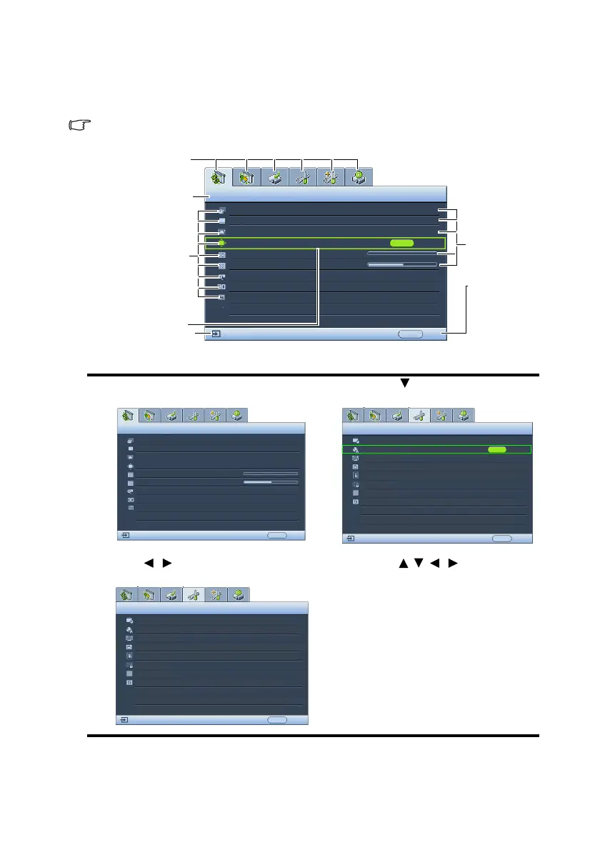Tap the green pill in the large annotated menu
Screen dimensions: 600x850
click(x=402, y=243)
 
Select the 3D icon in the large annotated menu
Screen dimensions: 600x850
click(x=222, y=286)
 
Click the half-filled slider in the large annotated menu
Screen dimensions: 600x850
click(x=402, y=264)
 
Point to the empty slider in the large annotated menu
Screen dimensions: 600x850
click(x=402, y=254)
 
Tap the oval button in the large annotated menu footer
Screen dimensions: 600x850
click(x=410, y=334)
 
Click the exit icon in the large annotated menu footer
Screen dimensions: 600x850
click(x=215, y=334)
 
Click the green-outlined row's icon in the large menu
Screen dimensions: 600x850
click(x=222, y=243)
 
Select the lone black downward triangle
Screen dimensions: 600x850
click(x=404, y=384)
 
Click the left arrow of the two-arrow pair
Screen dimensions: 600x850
click(x=149, y=564)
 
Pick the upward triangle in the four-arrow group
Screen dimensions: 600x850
click(x=403, y=564)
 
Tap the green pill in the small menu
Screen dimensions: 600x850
click(x=496, y=450)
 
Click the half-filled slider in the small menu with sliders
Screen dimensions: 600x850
click(x=271, y=482)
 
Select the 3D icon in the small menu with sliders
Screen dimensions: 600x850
click(x=131, y=499)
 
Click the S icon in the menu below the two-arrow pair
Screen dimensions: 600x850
click(x=129, y=683)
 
